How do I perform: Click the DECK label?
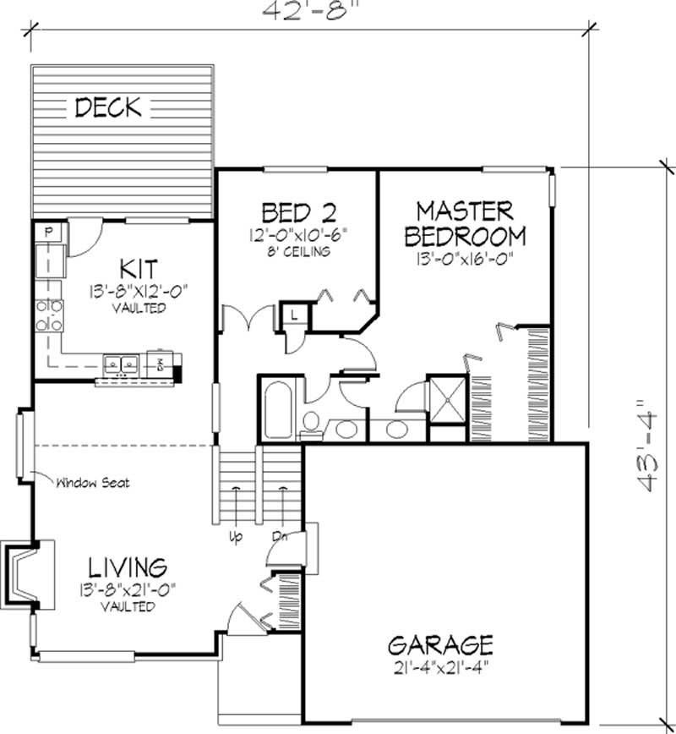(x=110, y=107)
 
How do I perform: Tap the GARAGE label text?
(x=439, y=646)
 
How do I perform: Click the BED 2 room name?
(x=296, y=211)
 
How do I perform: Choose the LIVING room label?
(x=128, y=566)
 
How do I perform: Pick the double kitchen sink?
(x=121, y=364)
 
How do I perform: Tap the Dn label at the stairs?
(x=278, y=534)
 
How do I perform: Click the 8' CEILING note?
(x=294, y=252)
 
